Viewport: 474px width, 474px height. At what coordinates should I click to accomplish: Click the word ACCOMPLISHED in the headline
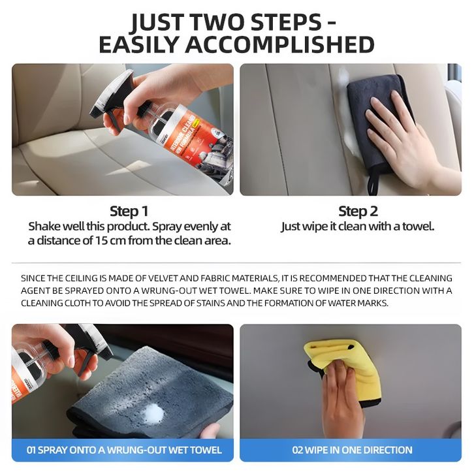[x=280, y=44]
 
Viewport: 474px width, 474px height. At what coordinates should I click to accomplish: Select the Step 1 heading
[x=129, y=211]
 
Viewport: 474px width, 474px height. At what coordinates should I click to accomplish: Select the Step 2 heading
[x=358, y=211]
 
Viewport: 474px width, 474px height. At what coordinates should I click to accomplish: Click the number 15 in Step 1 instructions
[x=101, y=241]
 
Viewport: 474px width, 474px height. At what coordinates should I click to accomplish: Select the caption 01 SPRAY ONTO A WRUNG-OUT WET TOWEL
[x=124, y=450]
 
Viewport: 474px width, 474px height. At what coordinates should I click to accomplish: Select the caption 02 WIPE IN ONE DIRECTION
[x=352, y=450]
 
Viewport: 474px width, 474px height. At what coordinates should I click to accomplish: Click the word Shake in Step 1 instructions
[x=42, y=226]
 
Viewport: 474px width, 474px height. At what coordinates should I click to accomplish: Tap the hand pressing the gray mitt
[x=402, y=136]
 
